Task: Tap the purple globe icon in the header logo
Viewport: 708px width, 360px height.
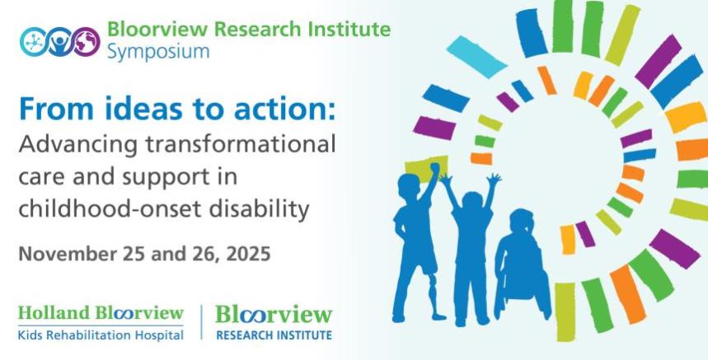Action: [87, 42]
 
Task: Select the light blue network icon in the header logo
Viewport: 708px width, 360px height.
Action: [34, 42]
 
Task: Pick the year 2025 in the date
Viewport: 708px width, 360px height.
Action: [248, 254]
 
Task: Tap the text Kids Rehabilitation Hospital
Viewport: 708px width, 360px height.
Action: [101, 335]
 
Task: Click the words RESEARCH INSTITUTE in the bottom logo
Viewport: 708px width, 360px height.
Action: [274, 335]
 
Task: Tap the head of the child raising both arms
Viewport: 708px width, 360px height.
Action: [472, 201]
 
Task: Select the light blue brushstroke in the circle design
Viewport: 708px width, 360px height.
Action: [476, 57]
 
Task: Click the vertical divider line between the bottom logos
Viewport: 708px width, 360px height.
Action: [201, 322]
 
